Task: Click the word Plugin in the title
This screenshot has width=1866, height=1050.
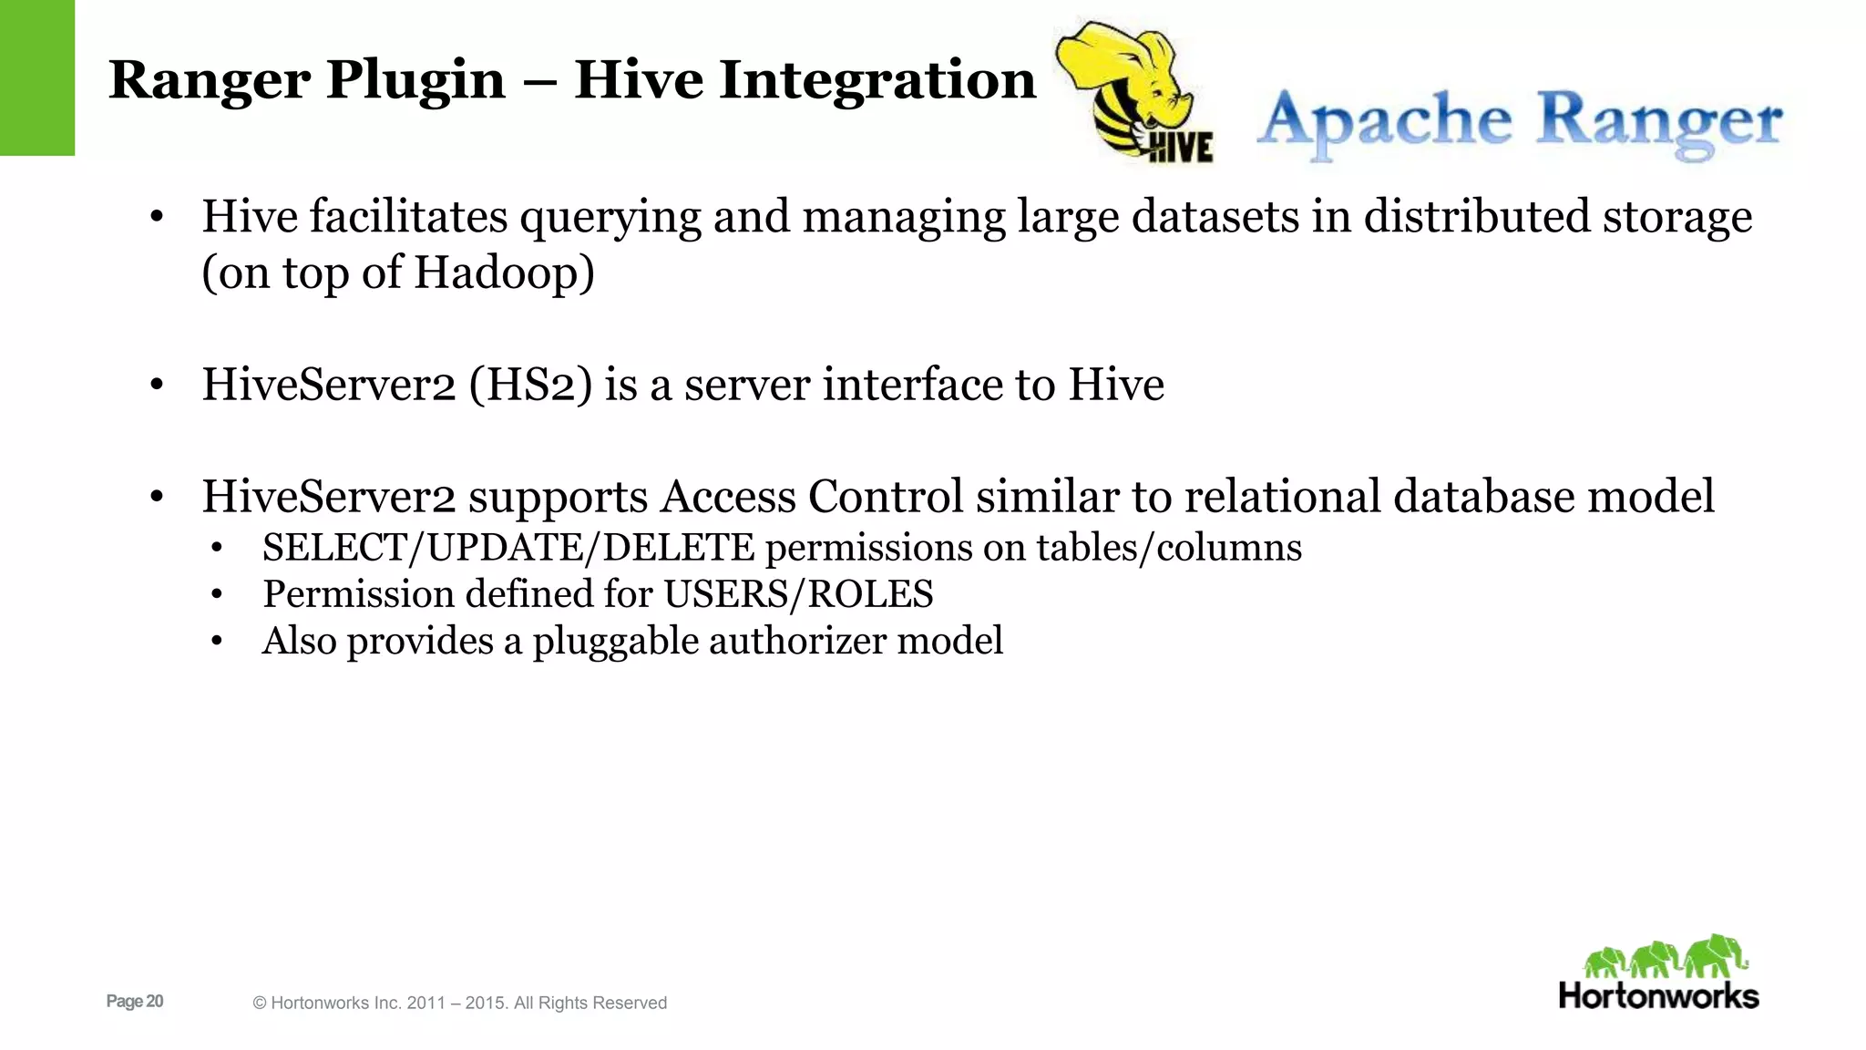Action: (x=415, y=80)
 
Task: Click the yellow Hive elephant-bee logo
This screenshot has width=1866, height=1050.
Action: (x=1134, y=91)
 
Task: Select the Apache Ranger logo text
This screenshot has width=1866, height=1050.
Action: (x=1519, y=122)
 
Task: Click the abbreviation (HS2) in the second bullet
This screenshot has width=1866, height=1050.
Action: (x=530, y=384)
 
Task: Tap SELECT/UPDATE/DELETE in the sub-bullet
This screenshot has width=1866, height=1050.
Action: (x=508, y=548)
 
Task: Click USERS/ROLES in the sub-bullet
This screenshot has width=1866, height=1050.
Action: (x=798, y=594)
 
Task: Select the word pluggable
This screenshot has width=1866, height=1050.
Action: (x=616, y=642)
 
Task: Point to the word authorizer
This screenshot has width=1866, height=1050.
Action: (x=797, y=641)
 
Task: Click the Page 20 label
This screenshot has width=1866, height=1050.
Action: (x=135, y=1001)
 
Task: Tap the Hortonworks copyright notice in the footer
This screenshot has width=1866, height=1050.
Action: (x=459, y=1003)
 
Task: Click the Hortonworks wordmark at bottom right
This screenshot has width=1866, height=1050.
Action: (x=1658, y=995)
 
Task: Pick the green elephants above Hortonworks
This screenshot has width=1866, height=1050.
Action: (x=1665, y=957)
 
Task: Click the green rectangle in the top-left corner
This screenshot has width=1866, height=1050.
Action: (x=36, y=77)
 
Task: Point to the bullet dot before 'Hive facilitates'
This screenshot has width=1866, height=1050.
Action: (x=157, y=218)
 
